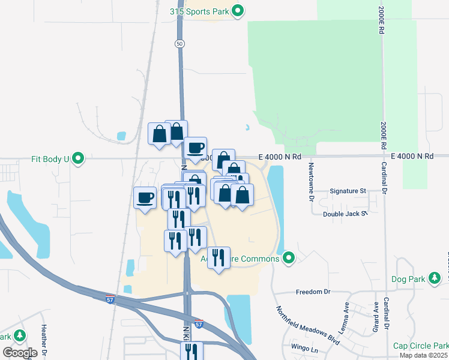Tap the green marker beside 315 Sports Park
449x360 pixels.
(238, 11)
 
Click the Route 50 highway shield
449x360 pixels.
(180, 44)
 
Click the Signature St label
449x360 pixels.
(348, 191)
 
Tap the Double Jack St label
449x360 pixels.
(345, 214)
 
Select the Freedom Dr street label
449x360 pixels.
(313, 292)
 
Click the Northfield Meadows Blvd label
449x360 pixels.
(308, 326)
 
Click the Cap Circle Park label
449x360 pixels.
(420, 346)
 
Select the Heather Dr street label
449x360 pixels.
(43, 339)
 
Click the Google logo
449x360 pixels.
(20, 353)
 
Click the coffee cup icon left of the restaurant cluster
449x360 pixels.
(145, 198)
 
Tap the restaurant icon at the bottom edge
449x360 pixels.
(191, 352)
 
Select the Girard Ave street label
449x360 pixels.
(376, 312)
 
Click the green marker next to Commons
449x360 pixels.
(289, 258)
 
